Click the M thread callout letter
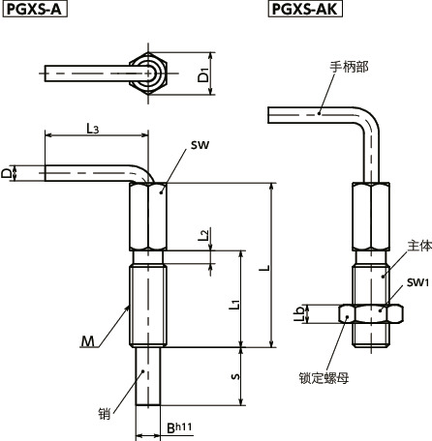click(88, 339)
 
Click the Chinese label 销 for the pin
click(105, 413)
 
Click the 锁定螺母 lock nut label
click(329, 379)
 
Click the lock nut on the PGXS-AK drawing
click(371, 313)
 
